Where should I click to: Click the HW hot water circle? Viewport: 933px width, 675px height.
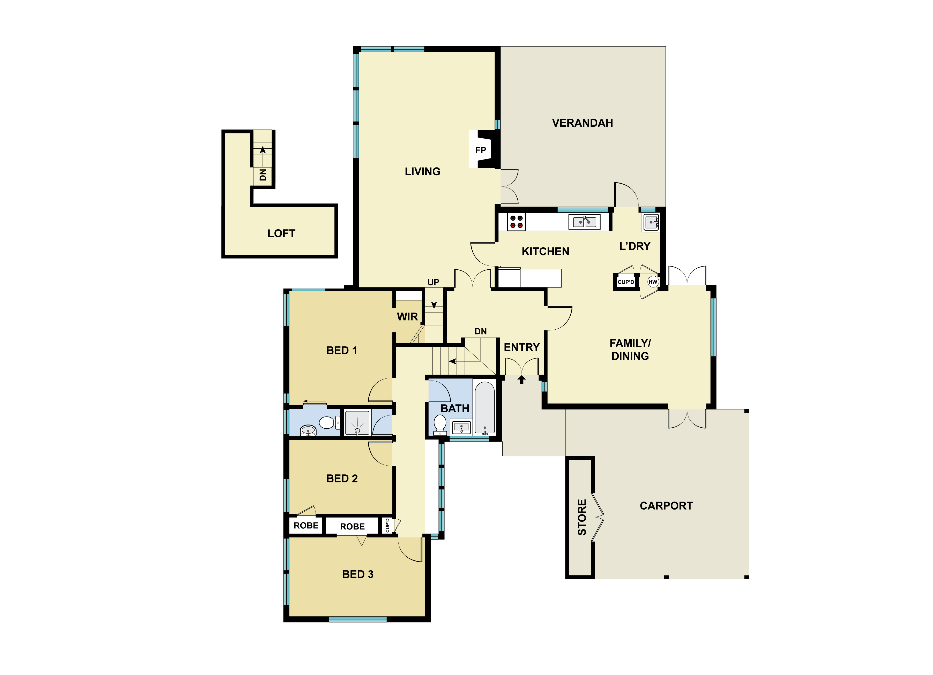pyautogui.click(x=653, y=282)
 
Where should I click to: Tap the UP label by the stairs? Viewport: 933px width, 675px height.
pyautogui.click(x=433, y=282)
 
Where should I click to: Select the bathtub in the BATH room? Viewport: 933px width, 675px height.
pyautogui.click(x=484, y=408)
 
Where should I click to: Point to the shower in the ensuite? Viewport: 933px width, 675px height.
pyautogui.click(x=357, y=422)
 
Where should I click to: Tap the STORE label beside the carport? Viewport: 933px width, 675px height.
pyautogui.click(x=582, y=517)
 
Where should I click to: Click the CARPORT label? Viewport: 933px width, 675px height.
pyautogui.click(x=666, y=506)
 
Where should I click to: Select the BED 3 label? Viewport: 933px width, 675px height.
pyautogui.click(x=357, y=574)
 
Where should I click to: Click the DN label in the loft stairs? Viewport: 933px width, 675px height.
pyautogui.click(x=263, y=175)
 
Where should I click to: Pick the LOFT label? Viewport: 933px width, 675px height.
pyautogui.click(x=281, y=233)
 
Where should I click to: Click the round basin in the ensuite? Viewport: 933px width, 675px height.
pyautogui.click(x=308, y=430)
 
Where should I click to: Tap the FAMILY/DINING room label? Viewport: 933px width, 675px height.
pyautogui.click(x=630, y=350)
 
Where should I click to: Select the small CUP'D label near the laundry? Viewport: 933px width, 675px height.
pyautogui.click(x=626, y=282)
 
